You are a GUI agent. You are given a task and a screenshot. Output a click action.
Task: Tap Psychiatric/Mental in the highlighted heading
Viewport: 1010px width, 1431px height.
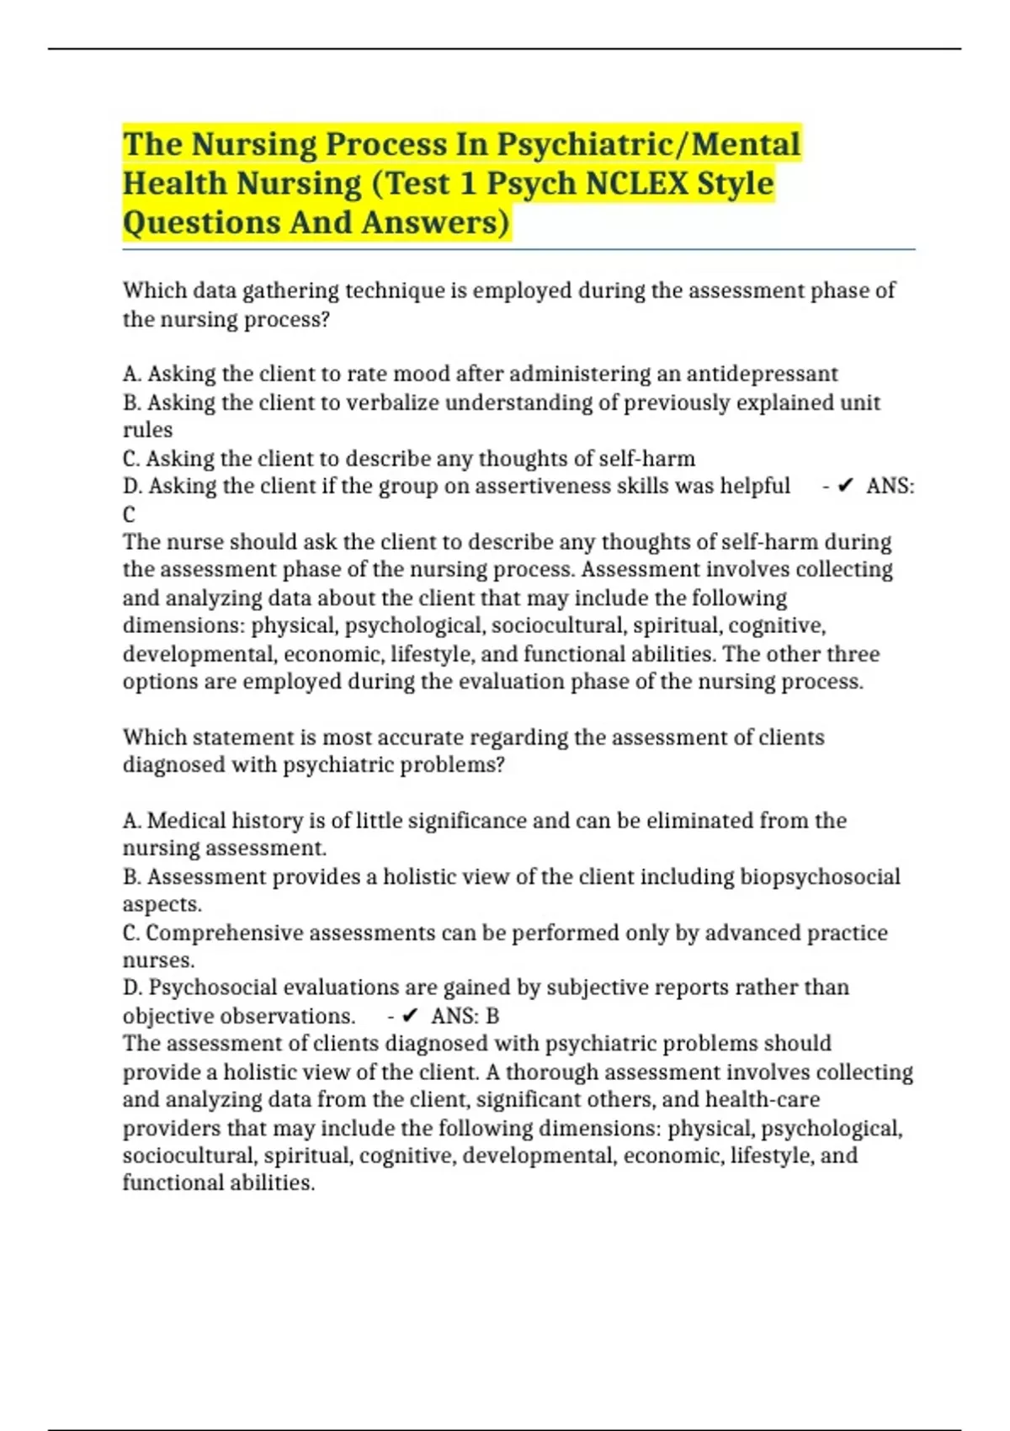(x=648, y=144)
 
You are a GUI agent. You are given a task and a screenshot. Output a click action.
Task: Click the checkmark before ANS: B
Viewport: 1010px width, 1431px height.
(x=411, y=1016)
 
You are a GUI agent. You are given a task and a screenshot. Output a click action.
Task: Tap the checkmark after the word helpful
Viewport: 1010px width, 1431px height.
(x=846, y=486)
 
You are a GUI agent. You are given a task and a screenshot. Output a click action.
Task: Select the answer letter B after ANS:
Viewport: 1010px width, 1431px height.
(x=492, y=1016)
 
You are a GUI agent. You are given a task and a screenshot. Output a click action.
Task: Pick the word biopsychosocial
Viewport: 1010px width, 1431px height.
(x=820, y=876)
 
